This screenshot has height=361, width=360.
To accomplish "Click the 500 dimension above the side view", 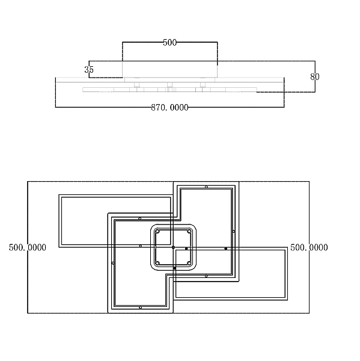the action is pyautogui.click(x=169, y=43).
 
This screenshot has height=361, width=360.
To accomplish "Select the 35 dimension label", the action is pyautogui.click(x=89, y=70).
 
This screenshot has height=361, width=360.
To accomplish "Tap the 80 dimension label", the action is pyautogui.click(x=315, y=76).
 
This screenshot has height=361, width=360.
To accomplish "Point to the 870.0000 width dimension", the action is pyautogui.click(x=169, y=108).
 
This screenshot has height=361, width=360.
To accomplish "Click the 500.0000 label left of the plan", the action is pyautogui.click(x=28, y=247).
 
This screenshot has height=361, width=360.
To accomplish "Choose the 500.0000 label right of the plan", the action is pyautogui.click(x=309, y=247).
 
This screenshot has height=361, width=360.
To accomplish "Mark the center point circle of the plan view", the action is pyautogui.click(x=173, y=247).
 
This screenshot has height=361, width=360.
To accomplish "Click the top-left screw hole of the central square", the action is pyautogui.click(x=157, y=232).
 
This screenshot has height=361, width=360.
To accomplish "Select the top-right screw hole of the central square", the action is pyautogui.click(x=189, y=232).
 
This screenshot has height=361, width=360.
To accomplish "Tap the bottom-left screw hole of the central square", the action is pyautogui.click(x=157, y=263).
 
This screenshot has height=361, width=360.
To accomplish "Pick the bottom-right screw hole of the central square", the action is pyautogui.click(x=189, y=263).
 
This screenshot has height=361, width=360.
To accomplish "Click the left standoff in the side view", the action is pyautogui.click(x=137, y=85).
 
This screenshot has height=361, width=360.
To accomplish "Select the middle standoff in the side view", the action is pyautogui.click(x=169, y=85).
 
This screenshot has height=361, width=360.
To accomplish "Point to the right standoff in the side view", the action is pyautogui.click(x=203, y=85).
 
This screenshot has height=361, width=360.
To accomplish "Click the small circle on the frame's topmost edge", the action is pyautogui.click(x=206, y=187).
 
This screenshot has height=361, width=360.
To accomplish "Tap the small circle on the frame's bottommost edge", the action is pyautogui.click(x=140, y=307).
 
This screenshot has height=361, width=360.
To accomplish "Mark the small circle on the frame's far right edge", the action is pyautogui.click(x=233, y=232).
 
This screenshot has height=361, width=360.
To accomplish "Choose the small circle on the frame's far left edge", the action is pyautogui.click(x=113, y=263).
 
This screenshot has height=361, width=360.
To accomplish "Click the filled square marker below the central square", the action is pyautogui.click(x=175, y=268).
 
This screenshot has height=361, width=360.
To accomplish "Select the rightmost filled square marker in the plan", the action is pyautogui.click(x=225, y=248).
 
